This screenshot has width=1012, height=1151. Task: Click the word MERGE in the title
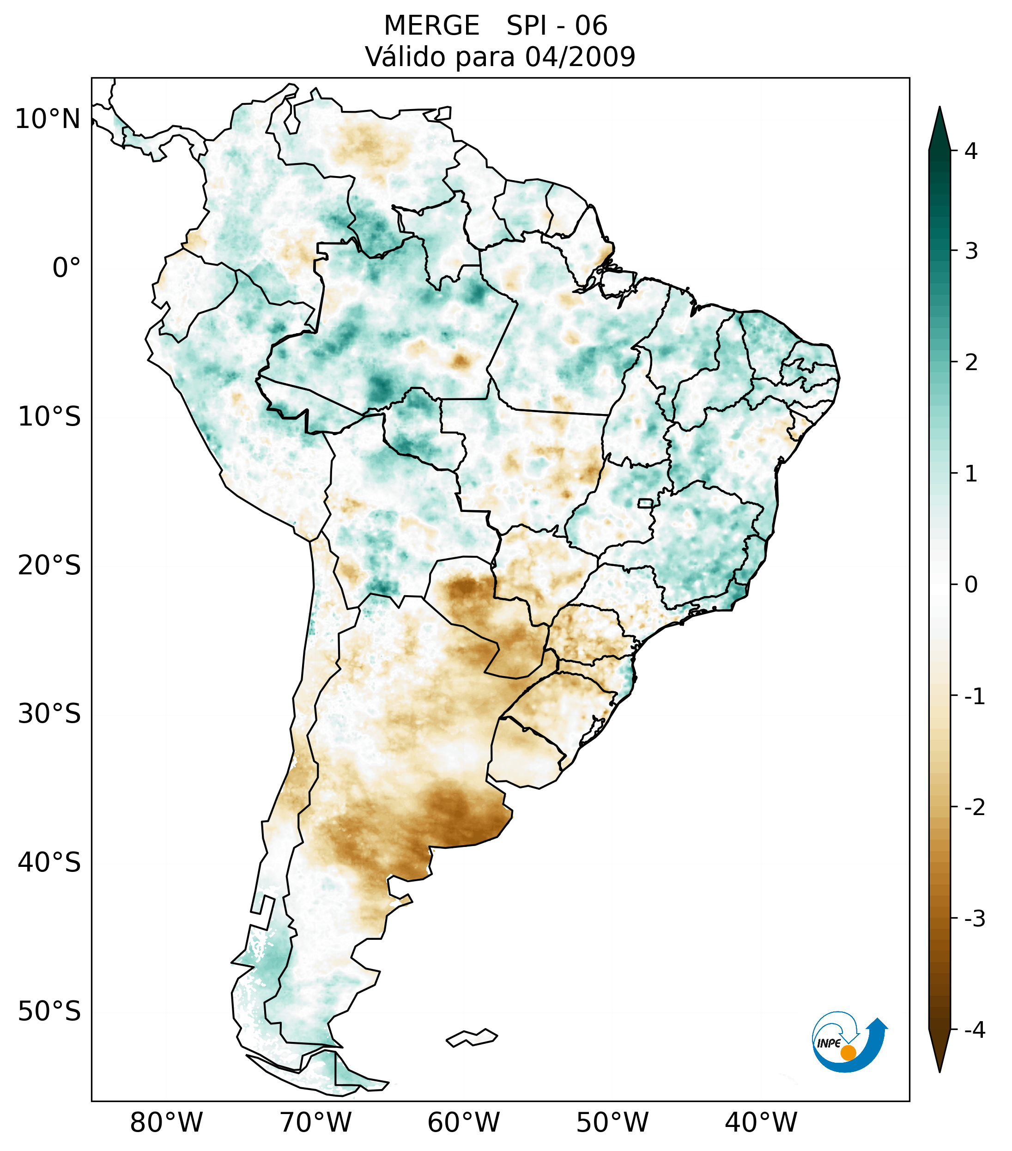click(x=432, y=26)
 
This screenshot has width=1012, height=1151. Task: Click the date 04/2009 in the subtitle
click(x=580, y=57)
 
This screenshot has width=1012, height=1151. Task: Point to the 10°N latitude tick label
click(x=48, y=119)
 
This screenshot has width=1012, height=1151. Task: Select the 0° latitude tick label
click(x=67, y=268)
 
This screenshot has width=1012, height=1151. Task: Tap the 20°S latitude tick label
click(x=49, y=566)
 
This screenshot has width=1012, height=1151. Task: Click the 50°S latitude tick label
click(x=49, y=1012)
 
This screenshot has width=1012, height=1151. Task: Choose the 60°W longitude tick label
click(x=463, y=1122)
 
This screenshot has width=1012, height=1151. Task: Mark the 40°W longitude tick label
click(x=761, y=1122)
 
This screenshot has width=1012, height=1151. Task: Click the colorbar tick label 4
click(x=971, y=151)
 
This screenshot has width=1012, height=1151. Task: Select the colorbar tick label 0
click(x=971, y=585)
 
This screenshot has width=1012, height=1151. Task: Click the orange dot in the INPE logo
click(x=848, y=1053)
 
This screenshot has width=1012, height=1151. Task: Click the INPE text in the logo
click(x=829, y=1043)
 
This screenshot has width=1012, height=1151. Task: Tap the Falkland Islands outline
click(x=472, y=1037)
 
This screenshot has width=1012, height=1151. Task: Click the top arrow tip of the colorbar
click(x=939, y=108)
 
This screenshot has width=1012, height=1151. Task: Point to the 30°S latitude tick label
click(x=49, y=714)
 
